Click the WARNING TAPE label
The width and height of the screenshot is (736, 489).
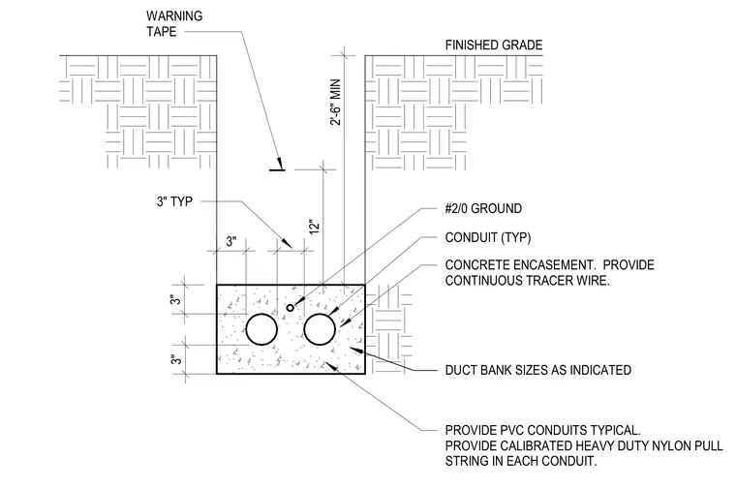pyautogui.click(x=174, y=23)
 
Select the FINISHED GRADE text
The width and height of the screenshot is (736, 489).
pyautogui.click(x=494, y=46)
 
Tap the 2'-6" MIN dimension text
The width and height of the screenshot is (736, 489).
pyautogui.click(x=336, y=102)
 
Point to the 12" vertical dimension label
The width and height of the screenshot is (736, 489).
pyautogui.click(x=315, y=227)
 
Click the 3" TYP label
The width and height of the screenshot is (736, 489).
pyautogui.click(x=174, y=201)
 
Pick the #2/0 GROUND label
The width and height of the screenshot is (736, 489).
pyautogui.click(x=483, y=208)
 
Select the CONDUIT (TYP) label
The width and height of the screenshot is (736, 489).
pyautogui.click(x=488, y=237)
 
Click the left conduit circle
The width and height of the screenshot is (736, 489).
pyautogui.click(x=261, y=314)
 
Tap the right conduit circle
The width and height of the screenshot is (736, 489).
pyautogui.click(x=320, y=314)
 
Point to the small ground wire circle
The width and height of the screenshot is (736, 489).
pyautogui.click(x=291, y=305)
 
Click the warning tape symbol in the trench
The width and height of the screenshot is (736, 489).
pyautogui.click(x=277, y=168)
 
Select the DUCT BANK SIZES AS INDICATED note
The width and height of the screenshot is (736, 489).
pyautogui.click(x=537, y=370)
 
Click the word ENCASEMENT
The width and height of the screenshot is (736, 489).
pyautogui.click(x=554, y=265)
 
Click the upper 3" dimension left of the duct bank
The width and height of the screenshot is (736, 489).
pyautogui.click(x=175, y=299)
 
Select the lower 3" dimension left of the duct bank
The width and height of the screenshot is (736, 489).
pyautogui.click(x=175, y=360)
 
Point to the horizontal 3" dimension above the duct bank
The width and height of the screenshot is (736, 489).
pyautogui.click(x=230, y=242)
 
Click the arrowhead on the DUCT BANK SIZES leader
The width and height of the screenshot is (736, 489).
pyautogui.click(x=356, y=350)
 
